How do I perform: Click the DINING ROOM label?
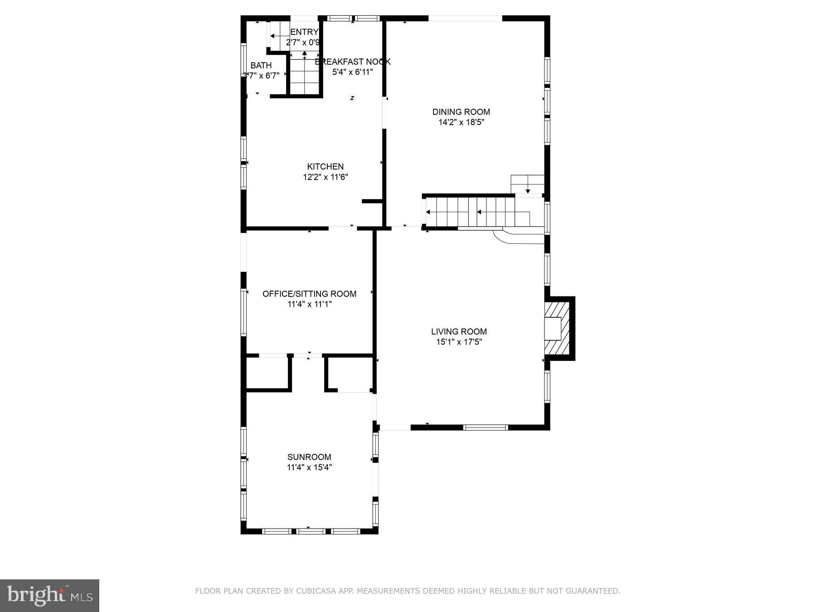[x=461, y=112]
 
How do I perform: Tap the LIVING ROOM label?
[x=459, y=332]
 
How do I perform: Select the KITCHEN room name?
[x=325, y=167]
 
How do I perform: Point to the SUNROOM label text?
[x=309, y=457]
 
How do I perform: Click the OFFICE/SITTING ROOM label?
[x=309, y=294]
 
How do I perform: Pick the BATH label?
[x=261, y=66]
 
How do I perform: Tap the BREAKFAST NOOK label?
[x=353, y=62]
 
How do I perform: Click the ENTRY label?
[x=304, y=32]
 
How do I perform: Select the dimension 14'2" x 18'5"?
[x=461, y=122]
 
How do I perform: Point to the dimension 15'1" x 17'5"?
[x=459, y=342]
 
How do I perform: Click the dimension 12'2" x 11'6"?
[x=325, y=177]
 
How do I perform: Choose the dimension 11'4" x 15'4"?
[x=309, y=467]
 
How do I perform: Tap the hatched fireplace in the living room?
[x=557, y=328]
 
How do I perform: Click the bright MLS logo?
[x=49, y=595]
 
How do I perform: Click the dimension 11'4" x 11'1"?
[x=309, y=304]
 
